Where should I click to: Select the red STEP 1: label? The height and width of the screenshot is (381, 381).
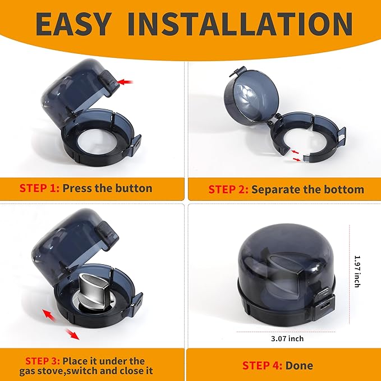tap(39, 188)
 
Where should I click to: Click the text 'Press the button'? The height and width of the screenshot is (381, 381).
tap(107, 188)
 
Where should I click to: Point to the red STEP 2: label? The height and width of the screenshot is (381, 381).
tap(228, 190)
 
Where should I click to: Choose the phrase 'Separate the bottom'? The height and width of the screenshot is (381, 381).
tap(307, 190)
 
